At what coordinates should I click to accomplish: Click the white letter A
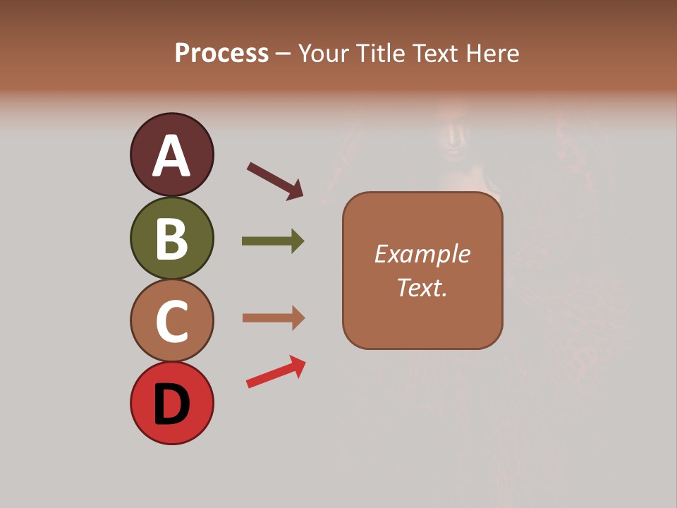pos(171,156)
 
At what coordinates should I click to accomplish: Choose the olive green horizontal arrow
pos(272,241)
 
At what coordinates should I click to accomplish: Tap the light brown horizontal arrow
pos(272,318)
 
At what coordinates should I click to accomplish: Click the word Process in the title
pos(221,54)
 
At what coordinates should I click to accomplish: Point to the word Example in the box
pos(422,254)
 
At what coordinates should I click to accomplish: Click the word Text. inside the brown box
pos(422,288)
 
